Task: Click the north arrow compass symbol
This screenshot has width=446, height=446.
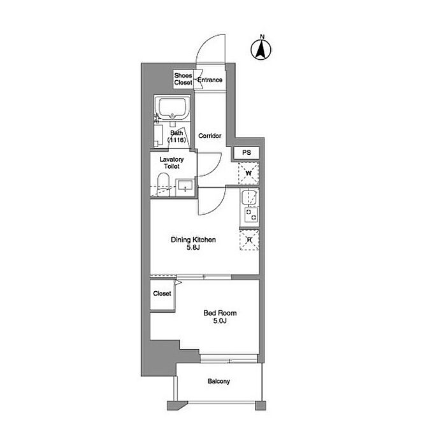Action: pos(261,50)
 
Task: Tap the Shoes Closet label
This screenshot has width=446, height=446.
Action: pos(183,79)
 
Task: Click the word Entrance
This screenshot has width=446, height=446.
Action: pos(210,80)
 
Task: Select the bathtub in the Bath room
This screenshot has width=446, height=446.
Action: pos(172,108)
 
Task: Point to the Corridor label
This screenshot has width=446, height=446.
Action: pos(210,136)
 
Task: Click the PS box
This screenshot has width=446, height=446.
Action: pos(247,153)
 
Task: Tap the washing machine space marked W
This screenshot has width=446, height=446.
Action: pos(248,173)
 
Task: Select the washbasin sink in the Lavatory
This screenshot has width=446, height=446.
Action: pos(185,187)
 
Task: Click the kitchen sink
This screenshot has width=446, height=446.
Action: pos(249,198)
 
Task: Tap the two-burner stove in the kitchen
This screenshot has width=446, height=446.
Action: pos(251,215)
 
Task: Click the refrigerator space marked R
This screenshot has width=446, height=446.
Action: pos(249,240)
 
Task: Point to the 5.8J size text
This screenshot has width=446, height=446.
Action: pos(193,247)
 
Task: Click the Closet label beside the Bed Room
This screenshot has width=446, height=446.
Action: pos(162,293)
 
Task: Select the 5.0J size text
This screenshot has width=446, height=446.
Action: pos(220,321)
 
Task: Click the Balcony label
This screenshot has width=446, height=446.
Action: pos(219,381)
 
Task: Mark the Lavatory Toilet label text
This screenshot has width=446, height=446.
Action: pos(171,162)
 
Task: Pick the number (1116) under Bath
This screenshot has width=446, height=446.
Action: pos(176,140)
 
